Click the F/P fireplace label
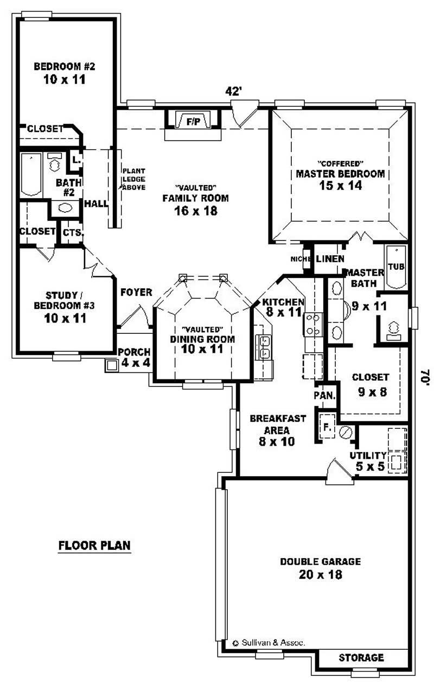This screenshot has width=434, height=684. pos(193,122)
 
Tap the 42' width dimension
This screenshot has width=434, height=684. pos(233,92)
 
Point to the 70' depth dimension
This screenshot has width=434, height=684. pos(424,376)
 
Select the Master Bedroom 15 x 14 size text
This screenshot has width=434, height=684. pos(340,186)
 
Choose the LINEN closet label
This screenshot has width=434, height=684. pos(329,259)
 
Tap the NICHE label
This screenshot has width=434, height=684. pos(299,259)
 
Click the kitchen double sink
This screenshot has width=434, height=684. pos(264,347)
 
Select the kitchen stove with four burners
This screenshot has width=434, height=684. pos(314,324)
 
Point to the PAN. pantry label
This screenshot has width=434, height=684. pos(325,396)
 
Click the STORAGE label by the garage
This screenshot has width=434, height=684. pos(361,657)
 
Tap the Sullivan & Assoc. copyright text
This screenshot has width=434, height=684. pos(269,642)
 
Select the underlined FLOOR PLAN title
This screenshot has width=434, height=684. pos(94,545)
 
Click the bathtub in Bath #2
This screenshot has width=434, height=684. pos(31,174)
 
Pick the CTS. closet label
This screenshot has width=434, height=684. pos(72,232)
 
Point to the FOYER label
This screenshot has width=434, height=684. pos(136,293)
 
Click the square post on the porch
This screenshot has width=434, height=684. pos(112,365)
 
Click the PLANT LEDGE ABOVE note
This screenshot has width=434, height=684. pos(133,179)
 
